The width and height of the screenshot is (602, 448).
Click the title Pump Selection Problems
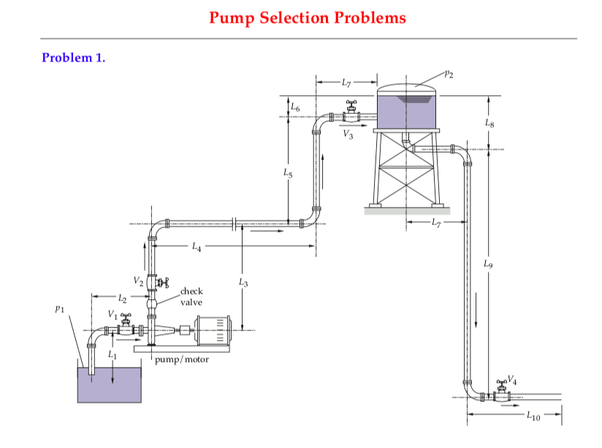[x=307, y=18]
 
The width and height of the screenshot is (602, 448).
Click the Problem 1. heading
[x=74, y=57]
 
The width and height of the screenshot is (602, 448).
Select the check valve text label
[x=191, y=296]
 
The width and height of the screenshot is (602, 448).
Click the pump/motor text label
[x=182, y=359]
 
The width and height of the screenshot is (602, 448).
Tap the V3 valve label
[x=348, y=136]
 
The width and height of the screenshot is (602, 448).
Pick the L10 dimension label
[x=533, y=417]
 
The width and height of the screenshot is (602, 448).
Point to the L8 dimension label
[x=489, y=125]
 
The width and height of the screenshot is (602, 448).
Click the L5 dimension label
[x=288, y=173]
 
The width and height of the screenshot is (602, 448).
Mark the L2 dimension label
[x=122, y=298]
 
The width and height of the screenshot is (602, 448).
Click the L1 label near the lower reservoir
[x=113, y=354]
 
